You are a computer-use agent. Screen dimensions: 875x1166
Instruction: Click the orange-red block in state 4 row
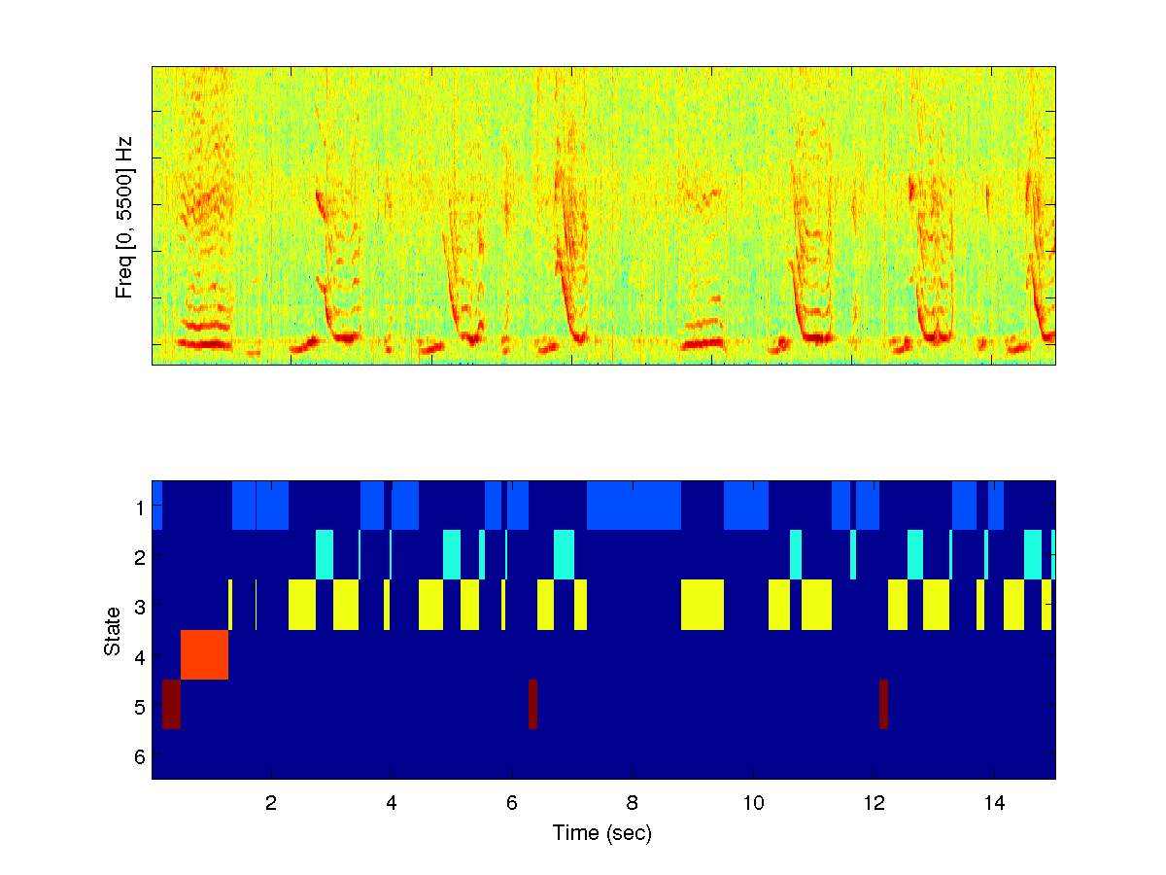[x=204, y=654]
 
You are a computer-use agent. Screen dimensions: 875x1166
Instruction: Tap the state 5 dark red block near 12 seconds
[x=883, y=704]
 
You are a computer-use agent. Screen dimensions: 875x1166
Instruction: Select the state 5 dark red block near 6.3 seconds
[x=532, y=704]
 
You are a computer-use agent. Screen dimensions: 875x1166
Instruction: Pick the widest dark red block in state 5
[x=171, y=704]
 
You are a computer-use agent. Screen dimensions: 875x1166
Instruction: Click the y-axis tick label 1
[x=140, y=507]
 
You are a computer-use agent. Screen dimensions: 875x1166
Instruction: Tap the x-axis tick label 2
[x=271, y=804]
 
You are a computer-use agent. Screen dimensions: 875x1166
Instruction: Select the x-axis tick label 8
[x=633, y=804]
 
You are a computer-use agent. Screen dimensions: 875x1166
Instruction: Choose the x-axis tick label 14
[x=994, y=804]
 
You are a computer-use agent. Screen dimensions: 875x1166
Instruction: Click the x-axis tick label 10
[x=753, y=804]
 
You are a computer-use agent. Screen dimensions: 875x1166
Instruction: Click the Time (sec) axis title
[x=602, y=832]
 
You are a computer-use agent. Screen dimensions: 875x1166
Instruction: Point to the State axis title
[x=112, y=630]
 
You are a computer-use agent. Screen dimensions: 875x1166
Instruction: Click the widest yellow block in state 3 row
[x=703, y=605]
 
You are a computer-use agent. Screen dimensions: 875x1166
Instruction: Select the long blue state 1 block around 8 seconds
[x=634, y=506]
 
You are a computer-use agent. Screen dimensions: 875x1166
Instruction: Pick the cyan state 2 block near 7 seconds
[x=564, y=555]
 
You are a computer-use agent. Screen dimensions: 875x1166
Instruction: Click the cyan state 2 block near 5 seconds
[x=452, y=555]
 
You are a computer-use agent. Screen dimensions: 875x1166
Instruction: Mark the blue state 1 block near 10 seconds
[x=746, y=506]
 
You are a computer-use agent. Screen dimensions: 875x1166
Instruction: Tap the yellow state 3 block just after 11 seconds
[x=816, y=605]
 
